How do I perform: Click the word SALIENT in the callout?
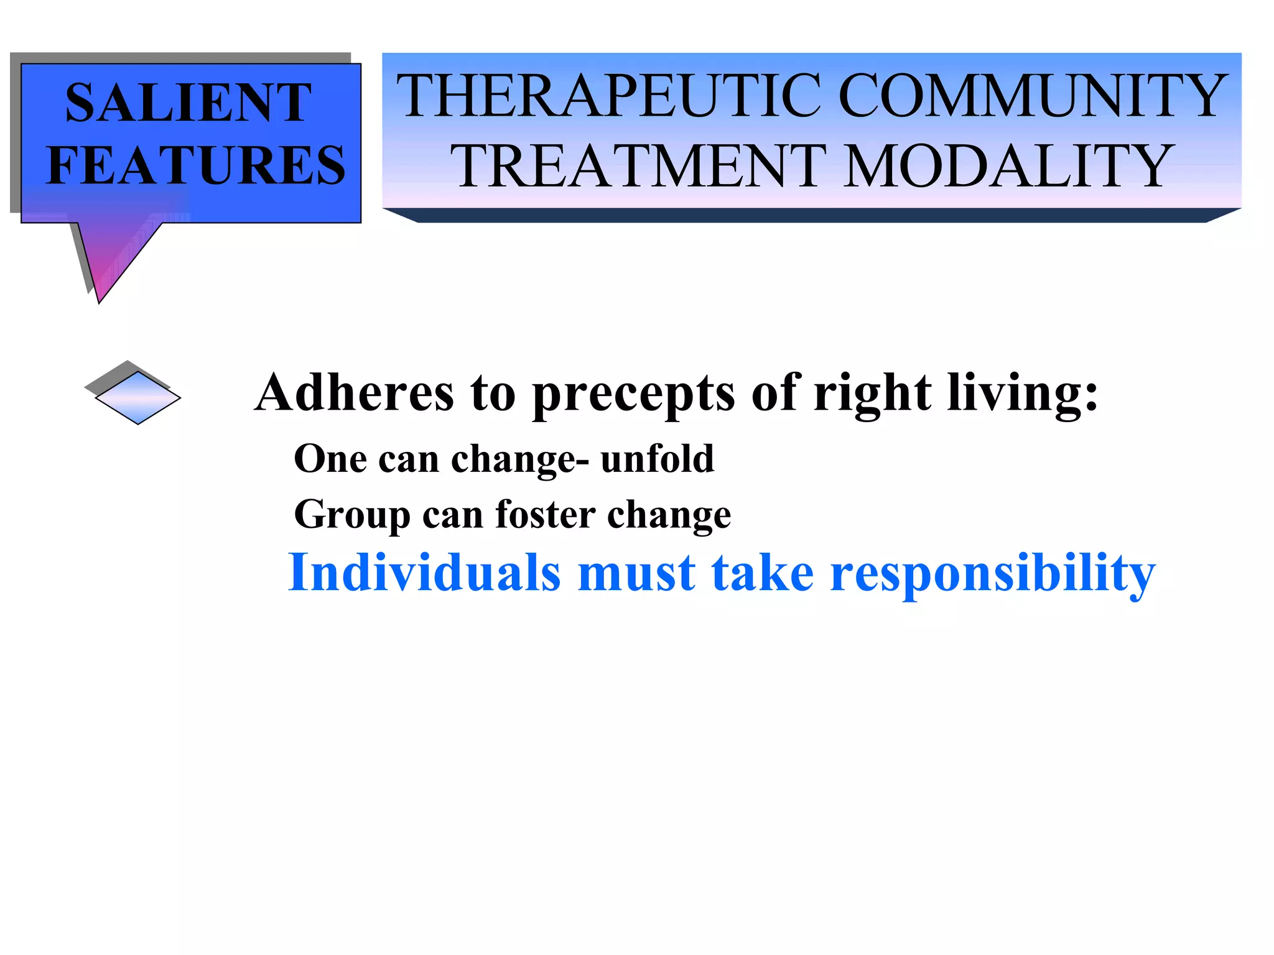click(188, 103)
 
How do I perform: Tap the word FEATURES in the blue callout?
click(196, 165)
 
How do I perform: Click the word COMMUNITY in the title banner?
click(1033, 96)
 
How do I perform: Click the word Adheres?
click(355, 393)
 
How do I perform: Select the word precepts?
click(634, 394)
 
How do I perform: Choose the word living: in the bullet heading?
click(1023, 394)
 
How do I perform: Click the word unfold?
click(658, 459)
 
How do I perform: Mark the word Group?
click(352, 515)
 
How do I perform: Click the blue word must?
click(636, 573)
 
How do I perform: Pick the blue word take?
click(763, 573)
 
